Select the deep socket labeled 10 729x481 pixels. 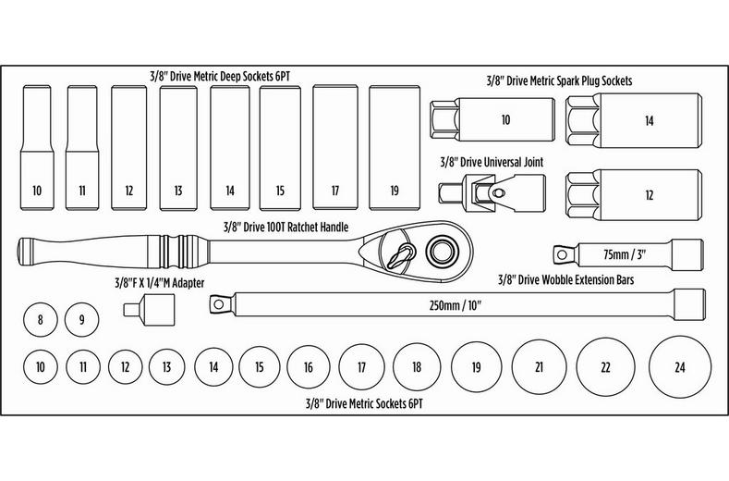[37, 148]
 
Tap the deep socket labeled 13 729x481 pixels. [178, 148]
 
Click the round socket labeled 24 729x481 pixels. [680, 367]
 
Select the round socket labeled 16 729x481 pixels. [308, 367]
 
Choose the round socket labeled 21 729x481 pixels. [537, 367]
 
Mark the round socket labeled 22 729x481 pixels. [605, 367]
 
